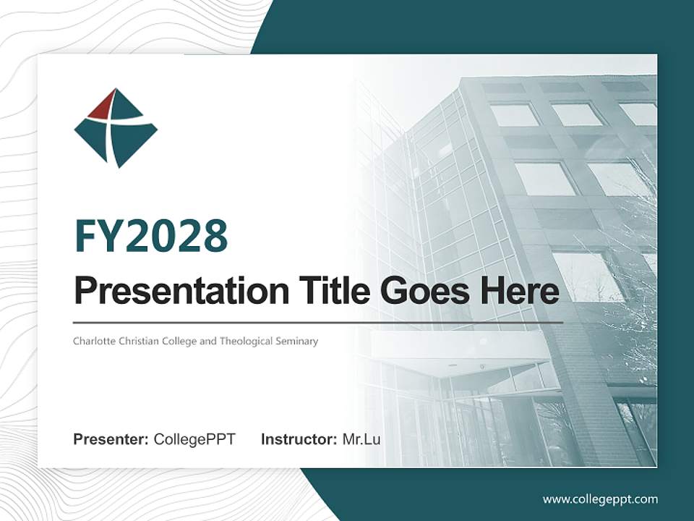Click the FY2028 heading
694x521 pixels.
(151, 236)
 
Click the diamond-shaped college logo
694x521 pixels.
(116, 128)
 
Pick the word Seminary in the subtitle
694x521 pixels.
(297, 341)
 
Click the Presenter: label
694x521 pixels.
(111, 439)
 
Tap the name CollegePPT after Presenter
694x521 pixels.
(194, 439)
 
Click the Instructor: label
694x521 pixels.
(299, 439)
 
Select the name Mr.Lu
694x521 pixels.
(361, 439)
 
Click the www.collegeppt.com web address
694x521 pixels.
(600, 499)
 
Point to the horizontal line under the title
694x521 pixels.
(318, 322)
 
